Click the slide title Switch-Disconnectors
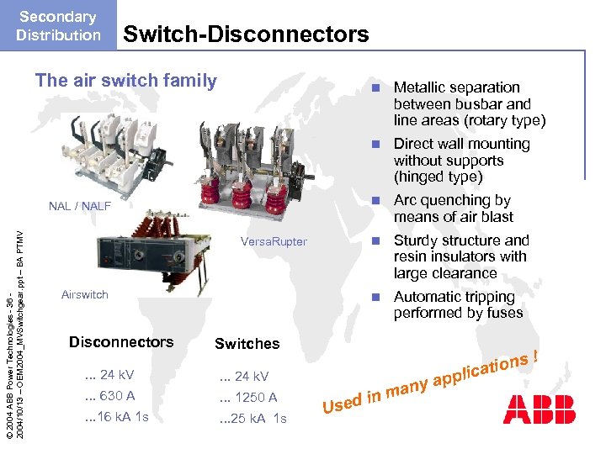click(246, 34)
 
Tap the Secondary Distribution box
click(58, 26)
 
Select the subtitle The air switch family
click(125, 81)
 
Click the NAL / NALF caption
click(80, 206)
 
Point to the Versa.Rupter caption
click(274, 242)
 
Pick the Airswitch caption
click(85, 294)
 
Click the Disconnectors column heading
click(120, 341)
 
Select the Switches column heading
click(247, 343)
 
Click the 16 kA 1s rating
click(117, 417)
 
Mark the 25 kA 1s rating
click(252, 419)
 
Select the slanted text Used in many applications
click(428, 377)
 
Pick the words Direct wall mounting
click(461, 144)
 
